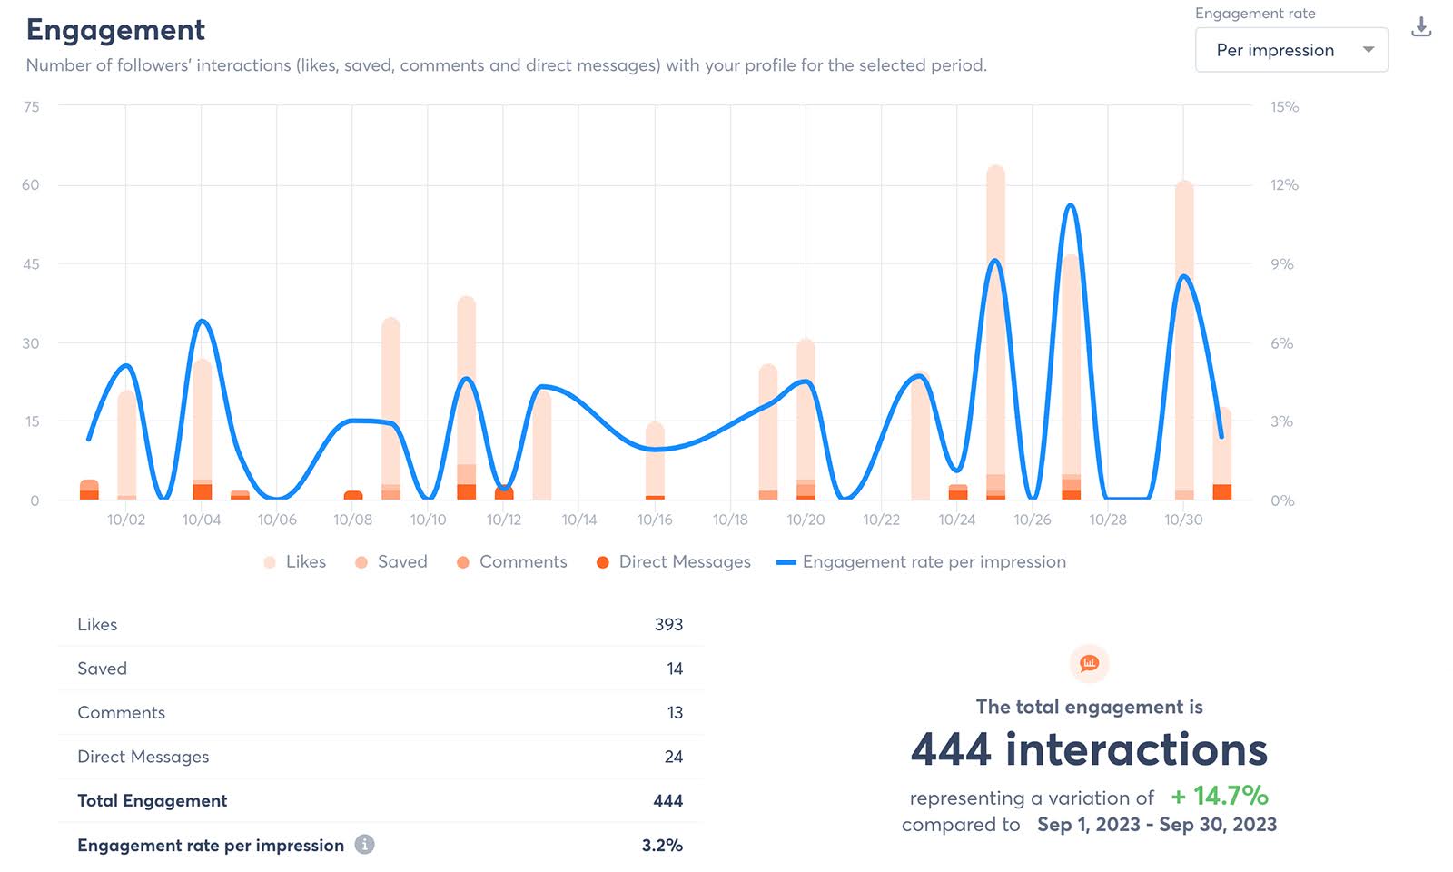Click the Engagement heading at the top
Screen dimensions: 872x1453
click(x=115, y=30)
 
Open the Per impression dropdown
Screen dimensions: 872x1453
click(x=1290, y=50)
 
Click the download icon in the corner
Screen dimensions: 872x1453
click(x=1421, y=28)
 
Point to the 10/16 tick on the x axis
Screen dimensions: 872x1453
click(x=654, y=520)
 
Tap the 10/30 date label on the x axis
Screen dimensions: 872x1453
click(x=1182, y=520)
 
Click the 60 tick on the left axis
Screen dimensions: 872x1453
click(x=31, y=185)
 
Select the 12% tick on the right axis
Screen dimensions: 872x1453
click(x=1283, y=185)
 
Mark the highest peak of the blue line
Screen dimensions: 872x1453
click(x=1071, y=206)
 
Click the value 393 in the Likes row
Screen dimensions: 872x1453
click(x=668, y=625)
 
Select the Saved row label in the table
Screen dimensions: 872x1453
click(x=102, y=669)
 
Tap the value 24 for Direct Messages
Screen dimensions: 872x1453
click(x=673, y=757)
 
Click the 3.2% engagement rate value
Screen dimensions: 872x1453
click(x=662, y=845)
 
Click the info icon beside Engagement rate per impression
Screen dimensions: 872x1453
click(x=364, y=845)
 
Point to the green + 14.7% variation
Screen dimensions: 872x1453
click(x=1219, y=797)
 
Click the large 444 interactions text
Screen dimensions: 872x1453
click(x=1089, y=750)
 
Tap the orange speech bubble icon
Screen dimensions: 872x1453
click(x=1089, y=664)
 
